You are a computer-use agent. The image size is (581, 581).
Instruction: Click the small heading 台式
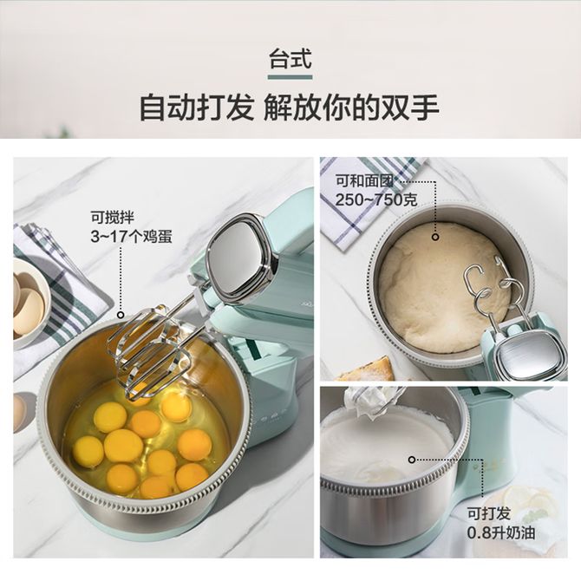point(290,59)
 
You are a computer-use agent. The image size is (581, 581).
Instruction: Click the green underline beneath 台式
point(290,77)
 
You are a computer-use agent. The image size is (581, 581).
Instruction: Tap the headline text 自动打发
point(196,108)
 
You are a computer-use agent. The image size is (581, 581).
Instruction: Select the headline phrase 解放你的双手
point(351,108)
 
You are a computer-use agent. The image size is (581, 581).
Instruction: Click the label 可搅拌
point(113,218)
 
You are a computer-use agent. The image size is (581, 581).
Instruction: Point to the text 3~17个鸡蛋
point(132,237)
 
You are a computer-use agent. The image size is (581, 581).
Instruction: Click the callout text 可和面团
point(364,181)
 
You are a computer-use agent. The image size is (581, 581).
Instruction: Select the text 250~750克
point(376,200)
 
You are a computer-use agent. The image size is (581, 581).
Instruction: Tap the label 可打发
point(489,513)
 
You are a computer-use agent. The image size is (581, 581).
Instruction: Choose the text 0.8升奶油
point(501,532)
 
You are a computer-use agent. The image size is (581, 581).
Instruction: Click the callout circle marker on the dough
point(435,237)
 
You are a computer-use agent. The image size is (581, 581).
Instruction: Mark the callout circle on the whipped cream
point(412,460)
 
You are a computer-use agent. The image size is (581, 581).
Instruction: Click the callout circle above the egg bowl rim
point(121,316)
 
